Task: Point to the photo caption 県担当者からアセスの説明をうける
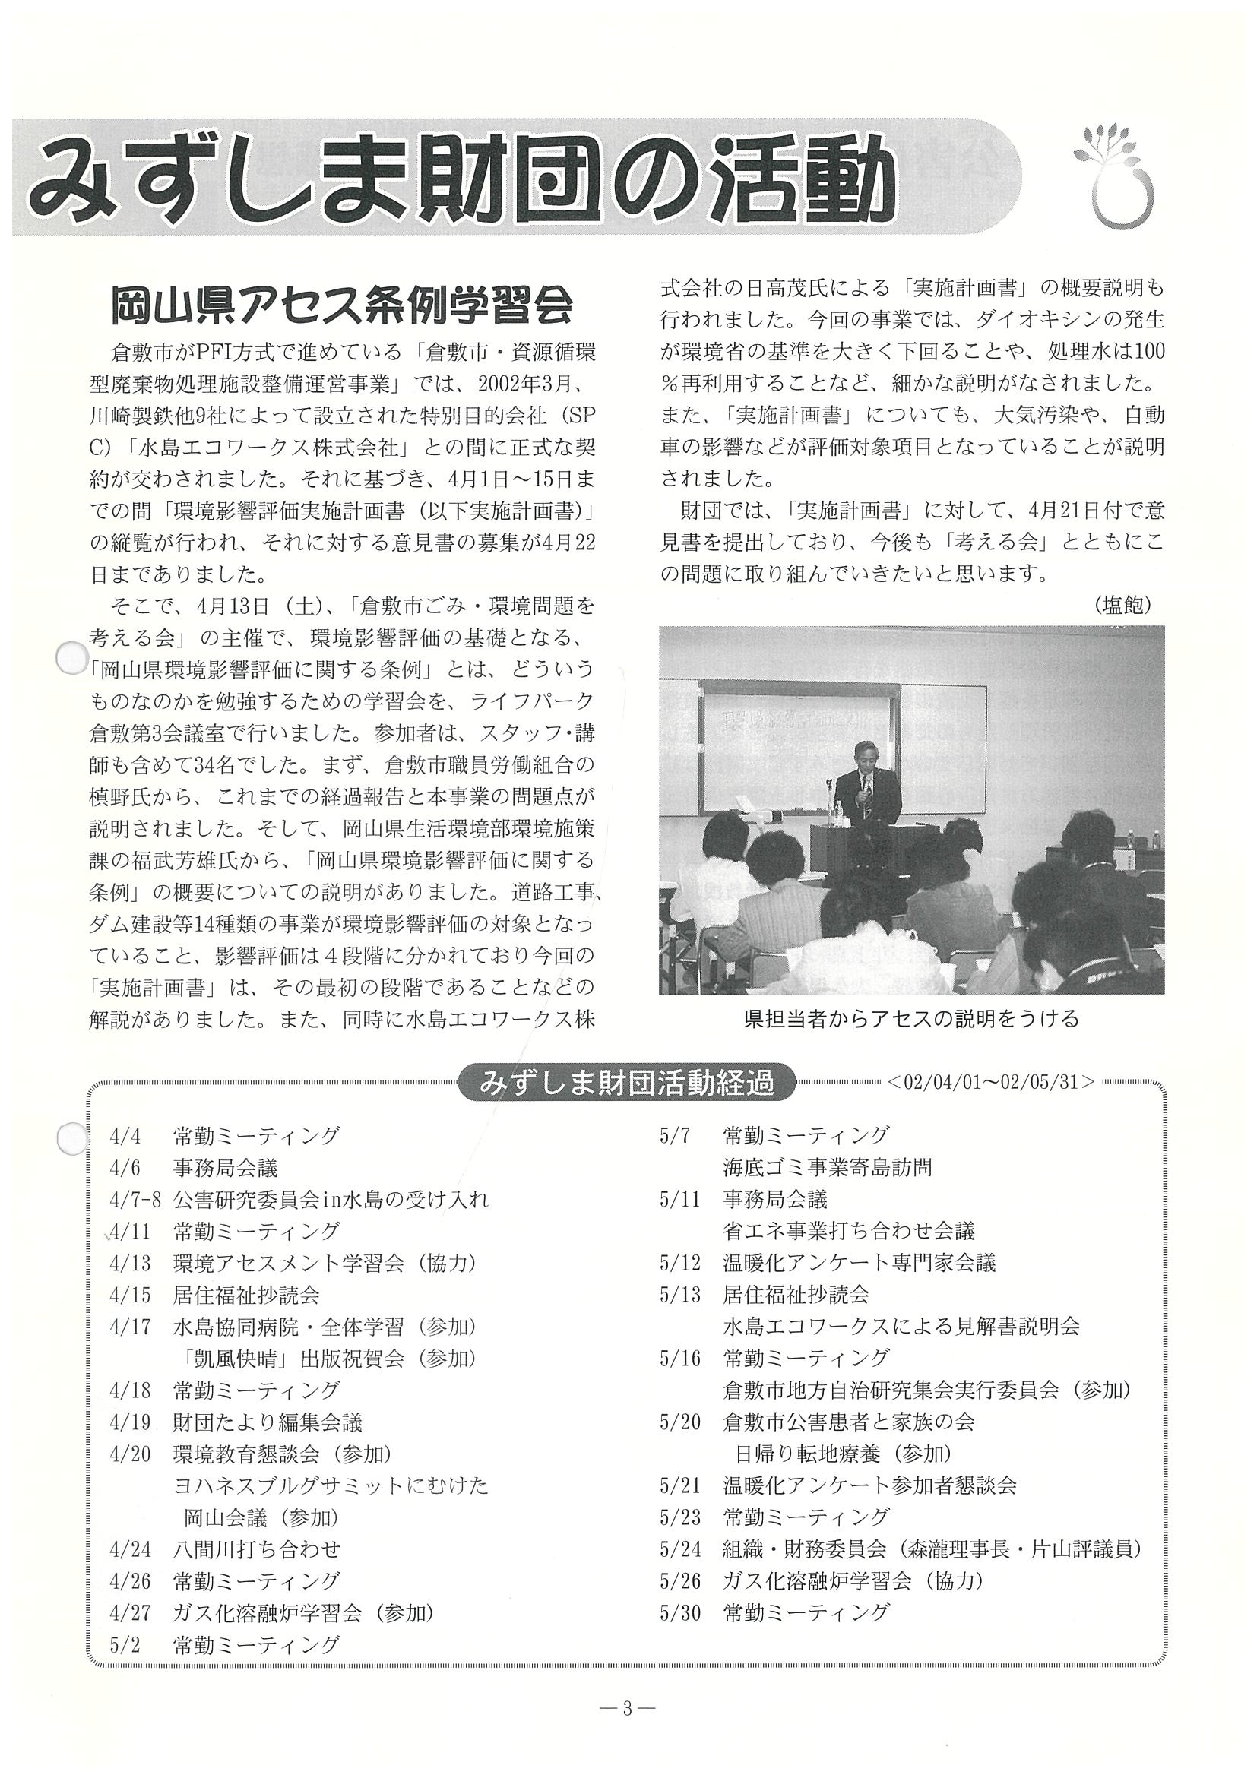(x=910, y=1018)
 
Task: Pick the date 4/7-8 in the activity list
(x=135, y=1201)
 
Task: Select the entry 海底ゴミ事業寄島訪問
(x=827, y=1168)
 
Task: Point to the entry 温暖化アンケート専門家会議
(x=859, y=1263)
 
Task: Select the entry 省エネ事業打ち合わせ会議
(x=849, y=1231)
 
